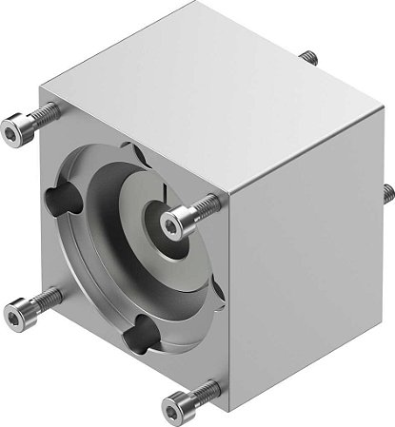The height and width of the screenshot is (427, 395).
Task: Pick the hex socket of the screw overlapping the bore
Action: click(x=171, y=222)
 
